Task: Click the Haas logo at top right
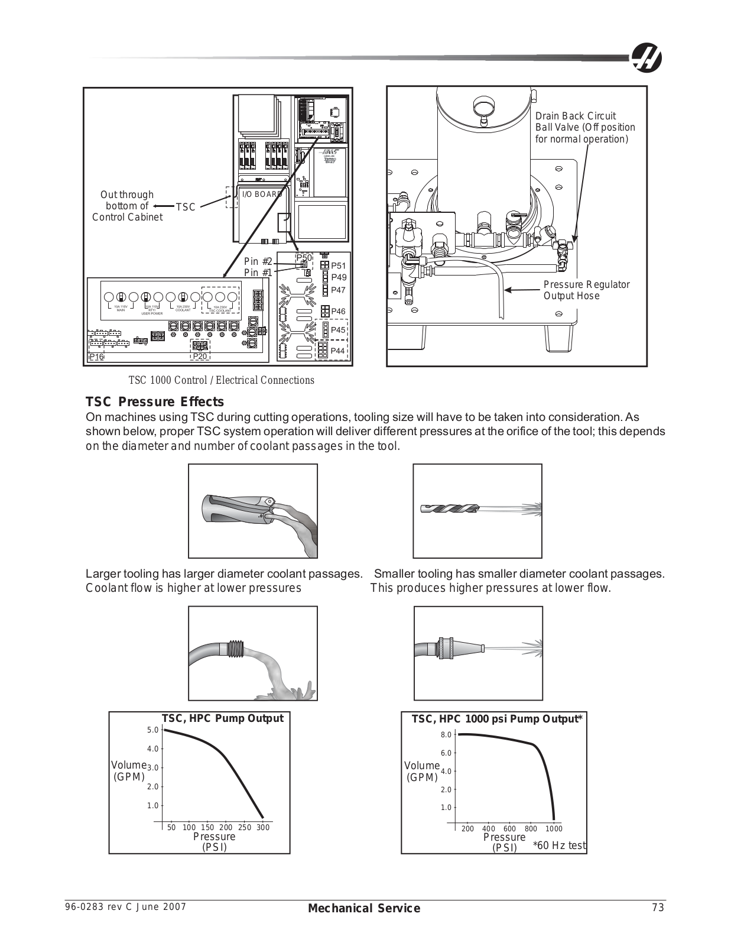tap(646, 58)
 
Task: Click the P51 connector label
tap(339, 266)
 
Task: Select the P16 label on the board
tap(96, 357)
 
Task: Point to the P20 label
tap(200, 357)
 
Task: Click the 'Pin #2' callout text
tap(258, 262)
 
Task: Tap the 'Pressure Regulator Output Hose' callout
tap(586, 290)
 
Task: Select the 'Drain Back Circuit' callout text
tap(575, 116)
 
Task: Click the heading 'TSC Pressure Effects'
tap(155, 402)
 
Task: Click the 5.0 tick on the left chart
tap(152, 730)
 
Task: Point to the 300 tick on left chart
tap(263, 827)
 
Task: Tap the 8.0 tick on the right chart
tap(446, 735)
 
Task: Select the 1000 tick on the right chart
tap(554, 828)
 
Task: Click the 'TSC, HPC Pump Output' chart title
tap(223, 718)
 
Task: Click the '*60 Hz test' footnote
tap(559, 845)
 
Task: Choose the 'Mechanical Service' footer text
tap(364, 908)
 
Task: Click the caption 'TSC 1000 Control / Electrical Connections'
tap(222, 380)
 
